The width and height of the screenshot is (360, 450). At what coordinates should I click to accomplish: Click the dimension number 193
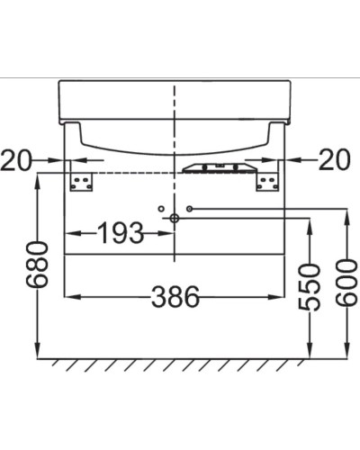pos(120,234)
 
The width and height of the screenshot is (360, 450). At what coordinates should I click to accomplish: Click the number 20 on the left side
pos(17,160)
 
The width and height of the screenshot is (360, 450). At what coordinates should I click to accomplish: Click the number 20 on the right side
pos(332,160)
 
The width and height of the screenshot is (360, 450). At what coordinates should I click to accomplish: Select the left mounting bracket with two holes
pos(83,181)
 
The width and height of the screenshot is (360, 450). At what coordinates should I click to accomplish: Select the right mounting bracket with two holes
pos(265,181)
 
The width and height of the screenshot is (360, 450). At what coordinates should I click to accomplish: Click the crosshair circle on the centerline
pos(175,219)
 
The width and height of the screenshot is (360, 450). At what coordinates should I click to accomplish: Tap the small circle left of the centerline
pos(160,209)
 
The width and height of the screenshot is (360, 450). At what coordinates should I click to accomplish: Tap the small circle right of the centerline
pos(190,209)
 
